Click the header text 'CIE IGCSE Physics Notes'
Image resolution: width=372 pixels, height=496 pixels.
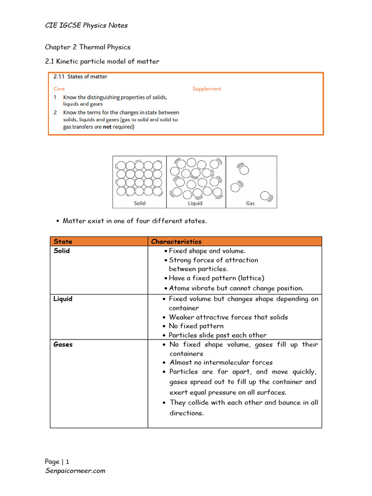86,25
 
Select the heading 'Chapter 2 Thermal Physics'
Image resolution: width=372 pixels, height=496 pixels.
88,47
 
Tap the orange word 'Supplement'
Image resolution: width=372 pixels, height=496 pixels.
207,89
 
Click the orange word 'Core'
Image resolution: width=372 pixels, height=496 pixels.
59,89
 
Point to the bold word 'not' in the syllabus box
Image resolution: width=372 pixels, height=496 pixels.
107,127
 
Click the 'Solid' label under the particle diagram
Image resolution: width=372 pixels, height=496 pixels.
139,203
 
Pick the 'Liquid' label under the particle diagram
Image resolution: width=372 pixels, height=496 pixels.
195,203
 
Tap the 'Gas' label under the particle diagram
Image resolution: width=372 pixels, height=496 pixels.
250,203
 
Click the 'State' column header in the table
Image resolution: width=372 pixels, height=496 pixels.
63,241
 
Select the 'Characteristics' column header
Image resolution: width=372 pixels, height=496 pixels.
176,241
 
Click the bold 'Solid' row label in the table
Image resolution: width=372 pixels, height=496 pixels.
62,251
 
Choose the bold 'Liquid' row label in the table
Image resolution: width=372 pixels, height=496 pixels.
63,299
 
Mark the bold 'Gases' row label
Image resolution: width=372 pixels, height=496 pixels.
63,344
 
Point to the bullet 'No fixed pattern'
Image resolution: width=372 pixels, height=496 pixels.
196,326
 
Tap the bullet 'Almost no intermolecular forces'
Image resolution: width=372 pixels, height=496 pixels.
221,362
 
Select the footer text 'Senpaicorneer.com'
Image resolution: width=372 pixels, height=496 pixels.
75,470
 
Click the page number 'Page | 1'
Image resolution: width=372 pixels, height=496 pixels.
57,462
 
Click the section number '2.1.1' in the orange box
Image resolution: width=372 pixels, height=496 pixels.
59,77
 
